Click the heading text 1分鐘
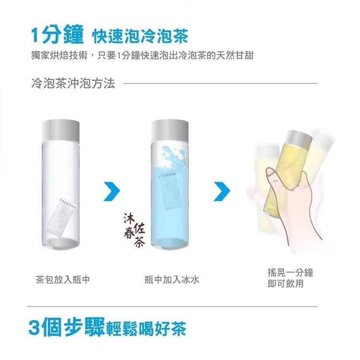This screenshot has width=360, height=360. coord(57,35)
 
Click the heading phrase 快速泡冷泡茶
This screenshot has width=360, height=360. coord(140,36)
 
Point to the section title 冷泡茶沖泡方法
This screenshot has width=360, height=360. coord(73,83)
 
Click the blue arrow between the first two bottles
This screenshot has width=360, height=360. coord(112,191)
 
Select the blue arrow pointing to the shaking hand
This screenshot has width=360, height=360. coord(222,191)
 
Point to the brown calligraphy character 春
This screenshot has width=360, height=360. coord(129,233)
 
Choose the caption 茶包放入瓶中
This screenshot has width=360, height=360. coord(63,279)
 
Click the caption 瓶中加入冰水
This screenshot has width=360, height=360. coord(172,279)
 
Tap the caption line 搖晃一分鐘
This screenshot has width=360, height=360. coord(290,273)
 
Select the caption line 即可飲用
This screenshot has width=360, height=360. coord(286,284)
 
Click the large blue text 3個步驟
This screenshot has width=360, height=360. coord(67,327)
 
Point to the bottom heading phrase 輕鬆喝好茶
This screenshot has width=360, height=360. coord(146,329)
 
